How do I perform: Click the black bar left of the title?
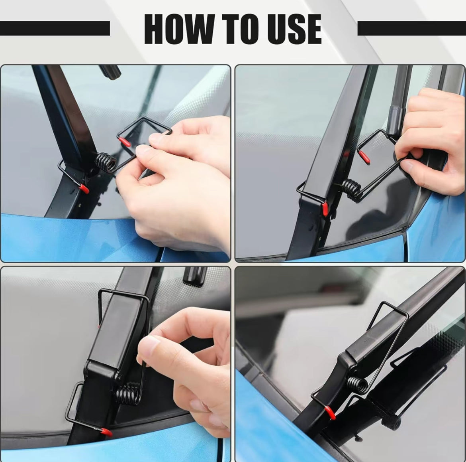(x=55, y=28)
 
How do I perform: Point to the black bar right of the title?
(x=411, y=28)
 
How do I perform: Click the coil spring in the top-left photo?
(x=106, y=162)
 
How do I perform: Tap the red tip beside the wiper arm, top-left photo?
(x=84, y=188)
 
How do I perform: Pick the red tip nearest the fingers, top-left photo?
(x=125, y=142)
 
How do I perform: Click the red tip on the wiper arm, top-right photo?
(x=326, y=209)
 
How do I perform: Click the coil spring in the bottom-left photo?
(x=128, y=395)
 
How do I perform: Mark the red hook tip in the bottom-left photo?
(x=106, y=431)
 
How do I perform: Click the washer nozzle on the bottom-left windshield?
(x=195, y=276)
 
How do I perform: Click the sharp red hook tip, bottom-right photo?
(x=331, y=413)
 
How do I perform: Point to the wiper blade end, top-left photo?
(x=110, y=72)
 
